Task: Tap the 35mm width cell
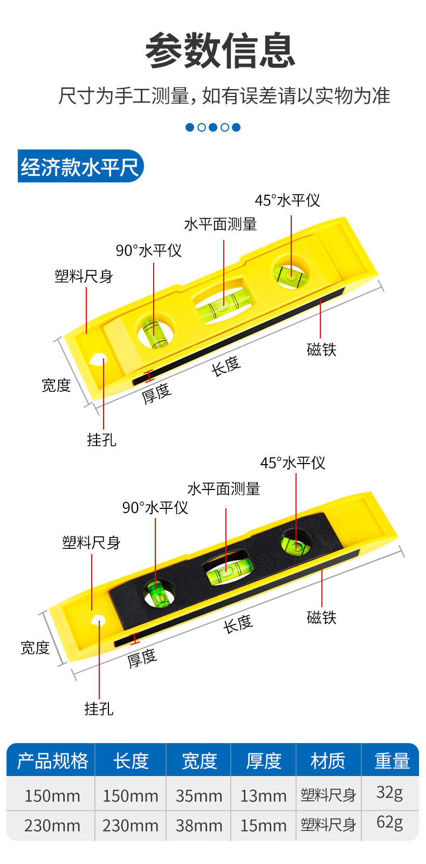click(x=198, y=795)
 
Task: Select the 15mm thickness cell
click(x=263, y=825)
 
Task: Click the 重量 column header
click(x=392, y=761)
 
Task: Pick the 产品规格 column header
click(x=52, y=761)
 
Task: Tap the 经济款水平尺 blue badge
click(x=80, y=167)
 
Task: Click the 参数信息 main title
click(x=220, y=51)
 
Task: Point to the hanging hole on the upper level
click(x=99, y=359)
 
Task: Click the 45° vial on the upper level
click(x=290, y=275)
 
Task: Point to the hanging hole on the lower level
click(x=98, y=620)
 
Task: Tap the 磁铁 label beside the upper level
click(x=321, y=350)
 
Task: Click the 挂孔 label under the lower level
click(x=99, y=709)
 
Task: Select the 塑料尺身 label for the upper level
click(x=84, y=276)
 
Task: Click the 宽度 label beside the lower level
click(x=35, y=647)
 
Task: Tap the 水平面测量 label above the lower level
click(x=223, y=489)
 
